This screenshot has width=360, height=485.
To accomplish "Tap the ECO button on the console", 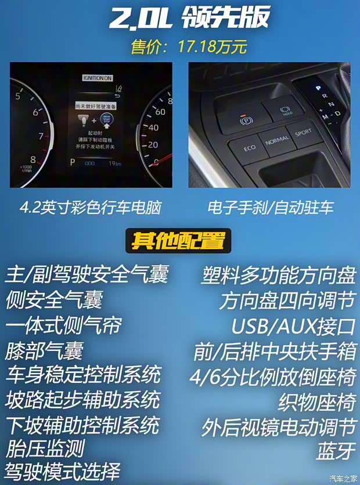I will (249, 148).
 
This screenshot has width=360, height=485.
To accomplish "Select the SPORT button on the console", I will (303, 133).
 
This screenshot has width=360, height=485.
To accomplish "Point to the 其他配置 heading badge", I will (178, 240).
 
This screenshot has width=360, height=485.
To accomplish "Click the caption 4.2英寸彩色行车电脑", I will (89, 208).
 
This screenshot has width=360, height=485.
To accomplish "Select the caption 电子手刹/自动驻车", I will (271, 208).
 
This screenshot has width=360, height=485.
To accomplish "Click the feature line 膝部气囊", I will (44, 350).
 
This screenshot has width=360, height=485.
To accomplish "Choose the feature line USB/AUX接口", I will (293, 326).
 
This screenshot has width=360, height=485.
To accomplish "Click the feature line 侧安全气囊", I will (54, 300).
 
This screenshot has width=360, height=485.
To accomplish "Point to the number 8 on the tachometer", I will (33, 160).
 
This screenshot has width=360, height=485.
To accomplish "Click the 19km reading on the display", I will (116, 164).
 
